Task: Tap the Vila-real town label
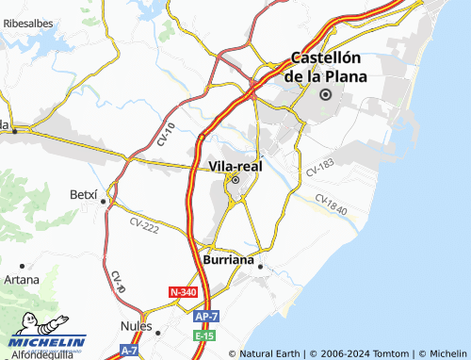pyautogui.click(x=235, y=166)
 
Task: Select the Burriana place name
pyautogui.click(x=225, y=258)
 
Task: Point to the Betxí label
pyautogui.click(x=84, y=194)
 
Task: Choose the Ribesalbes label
pyautogui.click(x=27, y=21)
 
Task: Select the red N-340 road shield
pyautogui.click(x=183, y=293)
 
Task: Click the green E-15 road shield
pyautogui.click(x=204, y=335)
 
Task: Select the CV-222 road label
pyautogui.click(x=145, y=223)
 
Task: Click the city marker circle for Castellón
pyautogui.click(x=326, y=94)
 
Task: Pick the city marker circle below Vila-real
pyautogui.click(x=235, y=181)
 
